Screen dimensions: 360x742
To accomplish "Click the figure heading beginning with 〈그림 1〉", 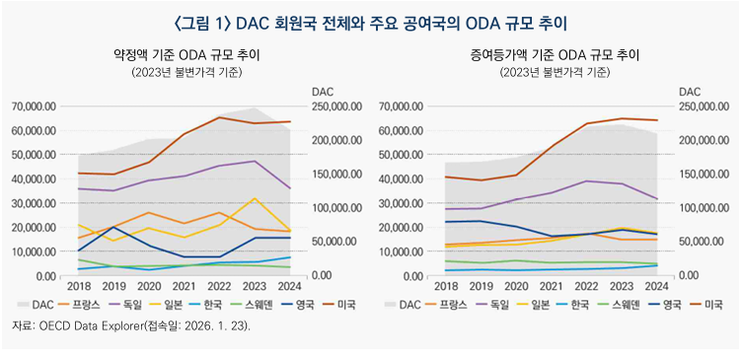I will (370, 21).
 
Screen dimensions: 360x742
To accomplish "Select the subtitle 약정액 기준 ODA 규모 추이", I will (186, 56).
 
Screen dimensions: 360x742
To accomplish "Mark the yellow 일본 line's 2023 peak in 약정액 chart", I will (256, 199).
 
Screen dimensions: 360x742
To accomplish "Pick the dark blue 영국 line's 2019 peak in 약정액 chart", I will (113, 227).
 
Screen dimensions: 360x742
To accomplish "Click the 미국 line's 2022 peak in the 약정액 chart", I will (220, 117).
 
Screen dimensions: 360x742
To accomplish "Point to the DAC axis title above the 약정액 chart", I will (324, 91).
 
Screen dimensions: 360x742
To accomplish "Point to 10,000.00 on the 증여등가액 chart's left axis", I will (404, 252).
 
